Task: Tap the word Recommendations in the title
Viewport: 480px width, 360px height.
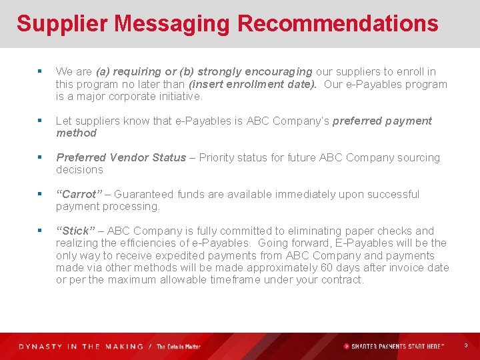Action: pyautogui.click(x=337, y=24)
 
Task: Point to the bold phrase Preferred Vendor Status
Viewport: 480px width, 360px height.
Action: pyautogui.click(x=121, y=158)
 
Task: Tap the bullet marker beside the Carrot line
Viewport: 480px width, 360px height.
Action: pyautogui.click(x=41, y=195)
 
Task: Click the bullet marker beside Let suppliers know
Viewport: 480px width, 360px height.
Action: pyautogui.click(x=41, y=121)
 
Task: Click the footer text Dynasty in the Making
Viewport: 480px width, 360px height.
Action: pyautogui.click(x=81, y=347)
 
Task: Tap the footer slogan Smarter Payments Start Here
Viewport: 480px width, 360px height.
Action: pyautogui.click(x=397, y=347)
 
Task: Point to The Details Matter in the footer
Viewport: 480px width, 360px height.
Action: pyautogui.click(x=178, y=347)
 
